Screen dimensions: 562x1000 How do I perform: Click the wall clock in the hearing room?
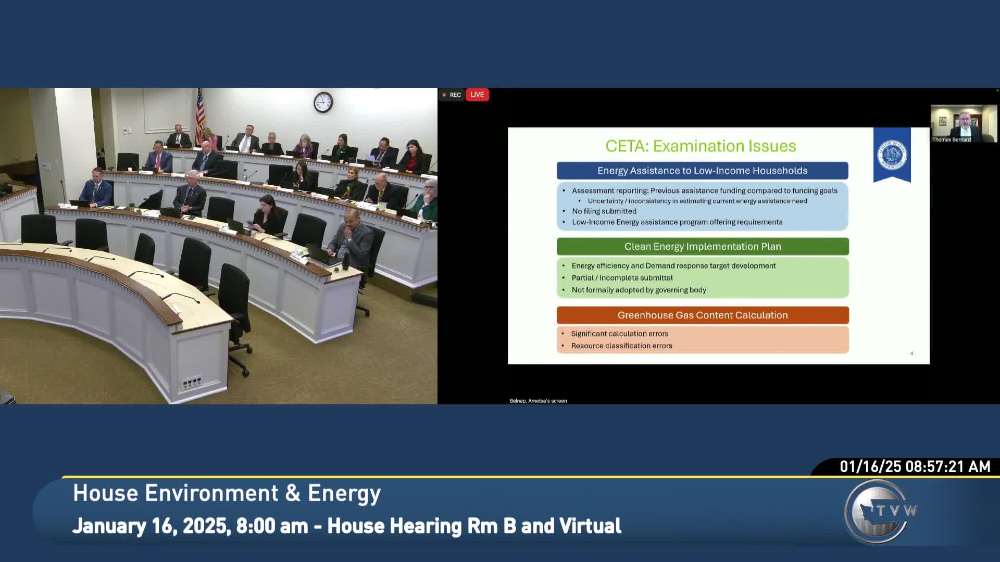323,102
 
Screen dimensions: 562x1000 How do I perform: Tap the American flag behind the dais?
200,114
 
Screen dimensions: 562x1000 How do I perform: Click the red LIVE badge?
477,95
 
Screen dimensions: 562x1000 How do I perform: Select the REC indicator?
452,95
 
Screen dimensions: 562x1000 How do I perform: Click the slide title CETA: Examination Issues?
701,146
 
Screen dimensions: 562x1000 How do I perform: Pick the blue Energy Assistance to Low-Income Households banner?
702,171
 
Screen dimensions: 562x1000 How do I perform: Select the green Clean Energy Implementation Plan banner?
703,247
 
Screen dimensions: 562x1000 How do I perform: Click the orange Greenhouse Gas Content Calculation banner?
703,315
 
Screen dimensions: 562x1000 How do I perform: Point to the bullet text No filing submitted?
604,211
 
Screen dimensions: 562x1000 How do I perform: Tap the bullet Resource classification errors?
621,346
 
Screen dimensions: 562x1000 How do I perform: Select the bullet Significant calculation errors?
619,334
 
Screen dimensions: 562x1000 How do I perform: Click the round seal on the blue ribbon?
892,155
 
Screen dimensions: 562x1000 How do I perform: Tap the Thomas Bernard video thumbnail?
964,123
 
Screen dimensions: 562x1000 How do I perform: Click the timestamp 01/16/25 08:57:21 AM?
915,467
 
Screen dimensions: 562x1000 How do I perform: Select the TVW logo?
880,512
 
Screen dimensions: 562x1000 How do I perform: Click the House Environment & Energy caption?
227,493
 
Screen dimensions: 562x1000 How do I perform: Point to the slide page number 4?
911,353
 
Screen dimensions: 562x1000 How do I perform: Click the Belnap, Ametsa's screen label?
538,401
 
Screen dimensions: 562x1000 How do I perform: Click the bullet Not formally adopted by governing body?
639,290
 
